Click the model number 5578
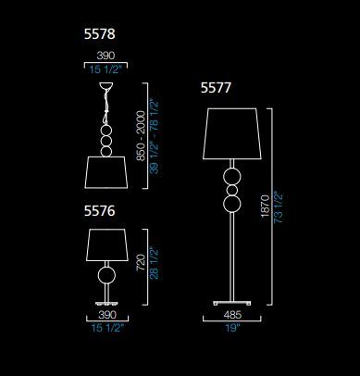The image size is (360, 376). pos(100,34)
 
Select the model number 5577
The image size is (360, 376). pos(216,88)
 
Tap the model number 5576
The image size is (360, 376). pos(100,211)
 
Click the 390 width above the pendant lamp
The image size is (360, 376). pos(106,56)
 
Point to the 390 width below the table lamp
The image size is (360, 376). pos(107,315)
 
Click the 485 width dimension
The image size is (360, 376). pos(232,315)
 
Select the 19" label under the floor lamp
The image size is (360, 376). pos(232,328)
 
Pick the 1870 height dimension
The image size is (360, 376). pos(266,207)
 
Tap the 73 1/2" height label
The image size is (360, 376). pos(278,207)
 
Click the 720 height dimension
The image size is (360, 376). pos(141,262)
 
